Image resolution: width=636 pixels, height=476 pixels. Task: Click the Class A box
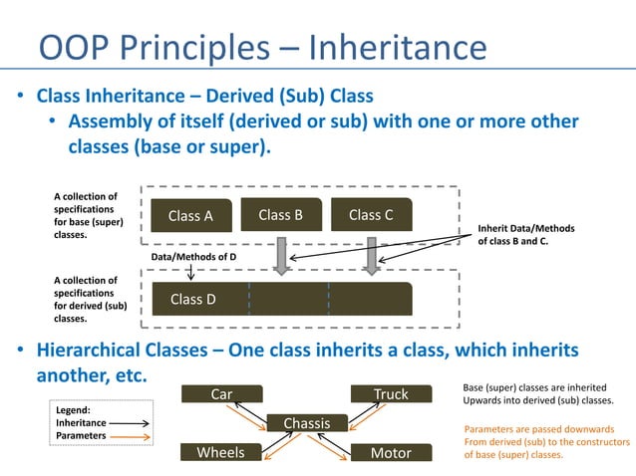pyautogui.click(x=190, y=215)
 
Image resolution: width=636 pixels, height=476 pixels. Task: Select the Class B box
pyautogui.click(x=280, y=215)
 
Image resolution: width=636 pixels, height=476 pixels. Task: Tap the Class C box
pyautogui.click(x=370, y=215)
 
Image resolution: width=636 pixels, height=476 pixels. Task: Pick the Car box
pyautogui.click(x=221, y=394)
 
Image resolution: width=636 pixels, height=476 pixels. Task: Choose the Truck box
pyautogui.click(x=391, y=394)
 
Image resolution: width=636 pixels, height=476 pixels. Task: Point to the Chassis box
pyautogui.click(x=306, y=424)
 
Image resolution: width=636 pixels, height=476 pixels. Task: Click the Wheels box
pyautogui.click(x=221, y=453)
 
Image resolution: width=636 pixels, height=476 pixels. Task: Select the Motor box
pyautogui.click(x=391, y=453)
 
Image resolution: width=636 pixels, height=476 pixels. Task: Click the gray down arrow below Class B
pyautogui.click(x=282, y=255)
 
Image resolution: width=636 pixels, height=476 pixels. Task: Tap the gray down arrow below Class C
pyautogui.click(x=372, y=255)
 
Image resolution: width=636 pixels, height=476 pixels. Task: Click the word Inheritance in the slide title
pyautogui.click(x=396, y=48)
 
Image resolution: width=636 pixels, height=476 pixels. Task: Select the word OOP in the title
pyautogui.click(x=72, y=48)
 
